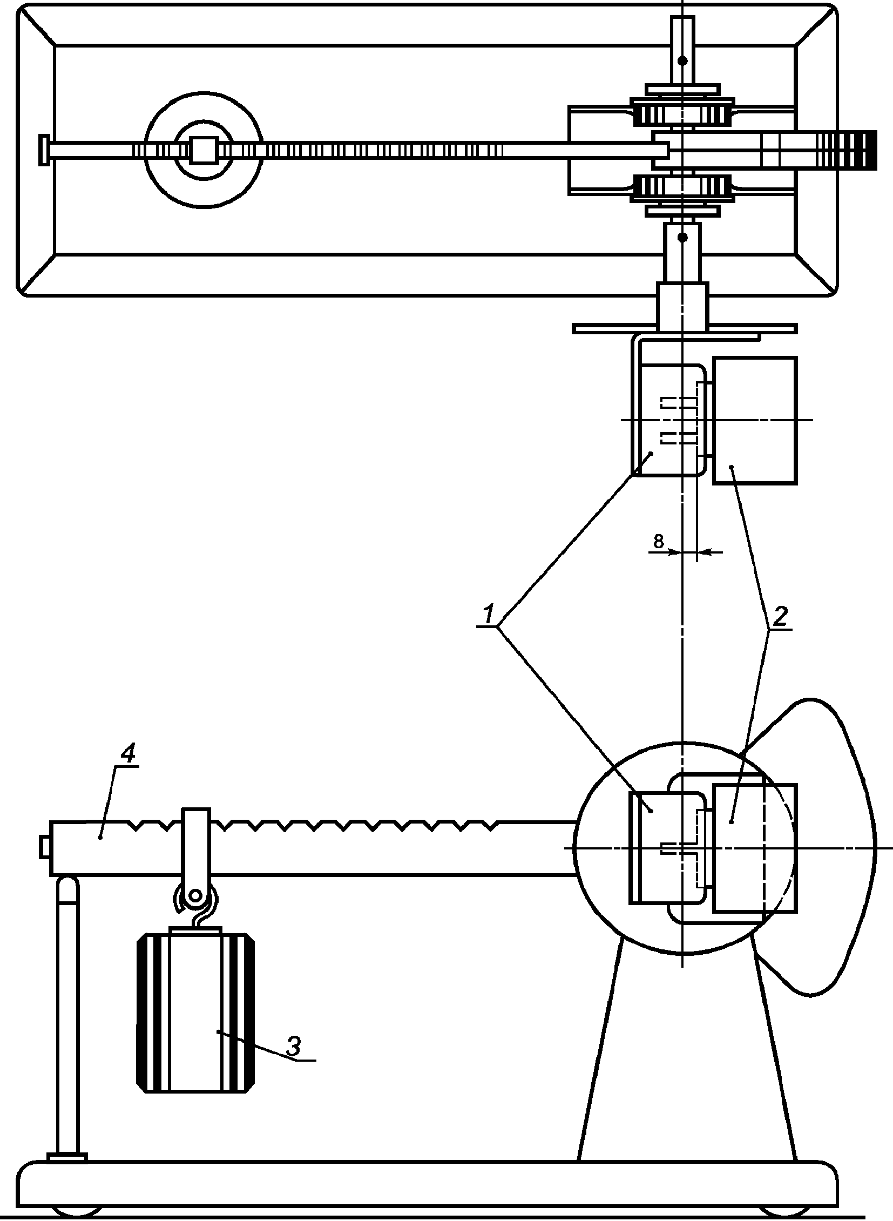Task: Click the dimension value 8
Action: click(658, 541)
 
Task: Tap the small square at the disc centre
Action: click(204, 150)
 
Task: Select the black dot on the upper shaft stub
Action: click(683, 61)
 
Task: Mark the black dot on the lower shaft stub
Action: click(683, 237)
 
